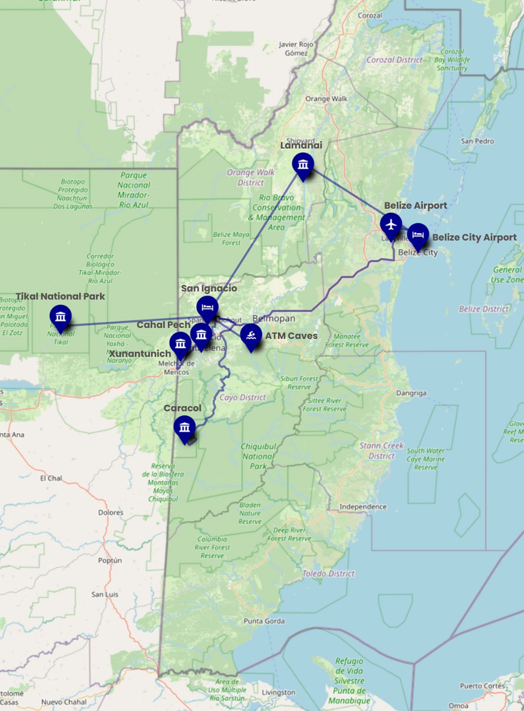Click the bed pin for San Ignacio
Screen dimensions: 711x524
(207, 308)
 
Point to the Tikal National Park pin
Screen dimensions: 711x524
(61, 317)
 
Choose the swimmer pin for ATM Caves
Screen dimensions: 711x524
(251, 336)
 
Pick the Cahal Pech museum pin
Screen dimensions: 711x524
(201, 335)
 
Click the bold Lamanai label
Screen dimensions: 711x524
(301, 145)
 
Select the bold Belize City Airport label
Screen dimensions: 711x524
(474, 237)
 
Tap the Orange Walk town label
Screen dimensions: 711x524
(326, 99)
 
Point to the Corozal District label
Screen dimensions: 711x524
(394, 60)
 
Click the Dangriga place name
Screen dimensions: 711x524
(411, 393)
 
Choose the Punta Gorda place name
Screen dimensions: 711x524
(264, 621)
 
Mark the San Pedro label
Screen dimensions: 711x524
(477, 141)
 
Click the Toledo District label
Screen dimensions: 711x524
(328, 574)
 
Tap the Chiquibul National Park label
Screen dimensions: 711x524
(259, 456)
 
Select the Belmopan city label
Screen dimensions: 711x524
(274, 318)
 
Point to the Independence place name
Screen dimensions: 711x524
(363, 506)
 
